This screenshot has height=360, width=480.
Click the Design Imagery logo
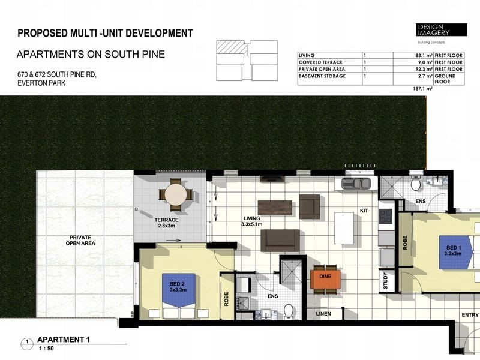click(x=441, y=30)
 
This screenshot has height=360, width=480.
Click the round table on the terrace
click(x=176, y=194)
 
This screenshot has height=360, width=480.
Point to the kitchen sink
click(x=358, y=184)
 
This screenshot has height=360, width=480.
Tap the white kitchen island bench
click(x=344, y=228)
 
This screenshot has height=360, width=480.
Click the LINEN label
click(x=323, y=314)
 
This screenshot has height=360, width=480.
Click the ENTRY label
click(x=470, y=315)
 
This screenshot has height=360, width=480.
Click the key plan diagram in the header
click(x=246, y=61)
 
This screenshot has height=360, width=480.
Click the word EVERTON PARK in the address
click(x=40, y=83)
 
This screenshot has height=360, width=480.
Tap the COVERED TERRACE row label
click(x=322, y=62)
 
